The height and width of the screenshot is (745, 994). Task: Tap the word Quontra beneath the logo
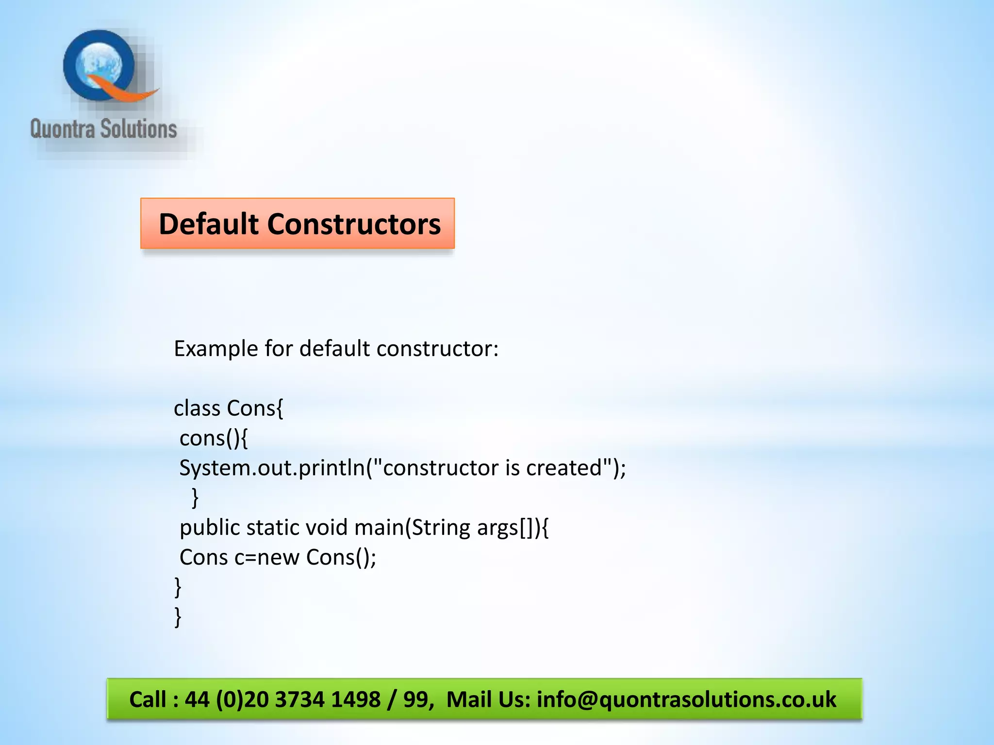[x=62, y=130]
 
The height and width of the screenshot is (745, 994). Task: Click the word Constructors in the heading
[x=354, y=224]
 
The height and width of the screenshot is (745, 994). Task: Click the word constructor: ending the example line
[x=437, y=349]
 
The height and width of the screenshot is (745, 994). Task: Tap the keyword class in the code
[x=197, y=408]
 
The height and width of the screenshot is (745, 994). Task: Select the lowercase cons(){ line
[x=214, y=438]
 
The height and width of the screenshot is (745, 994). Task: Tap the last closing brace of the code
[x=178, y=617]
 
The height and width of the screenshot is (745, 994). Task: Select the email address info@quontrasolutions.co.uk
[x=686, y=699]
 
